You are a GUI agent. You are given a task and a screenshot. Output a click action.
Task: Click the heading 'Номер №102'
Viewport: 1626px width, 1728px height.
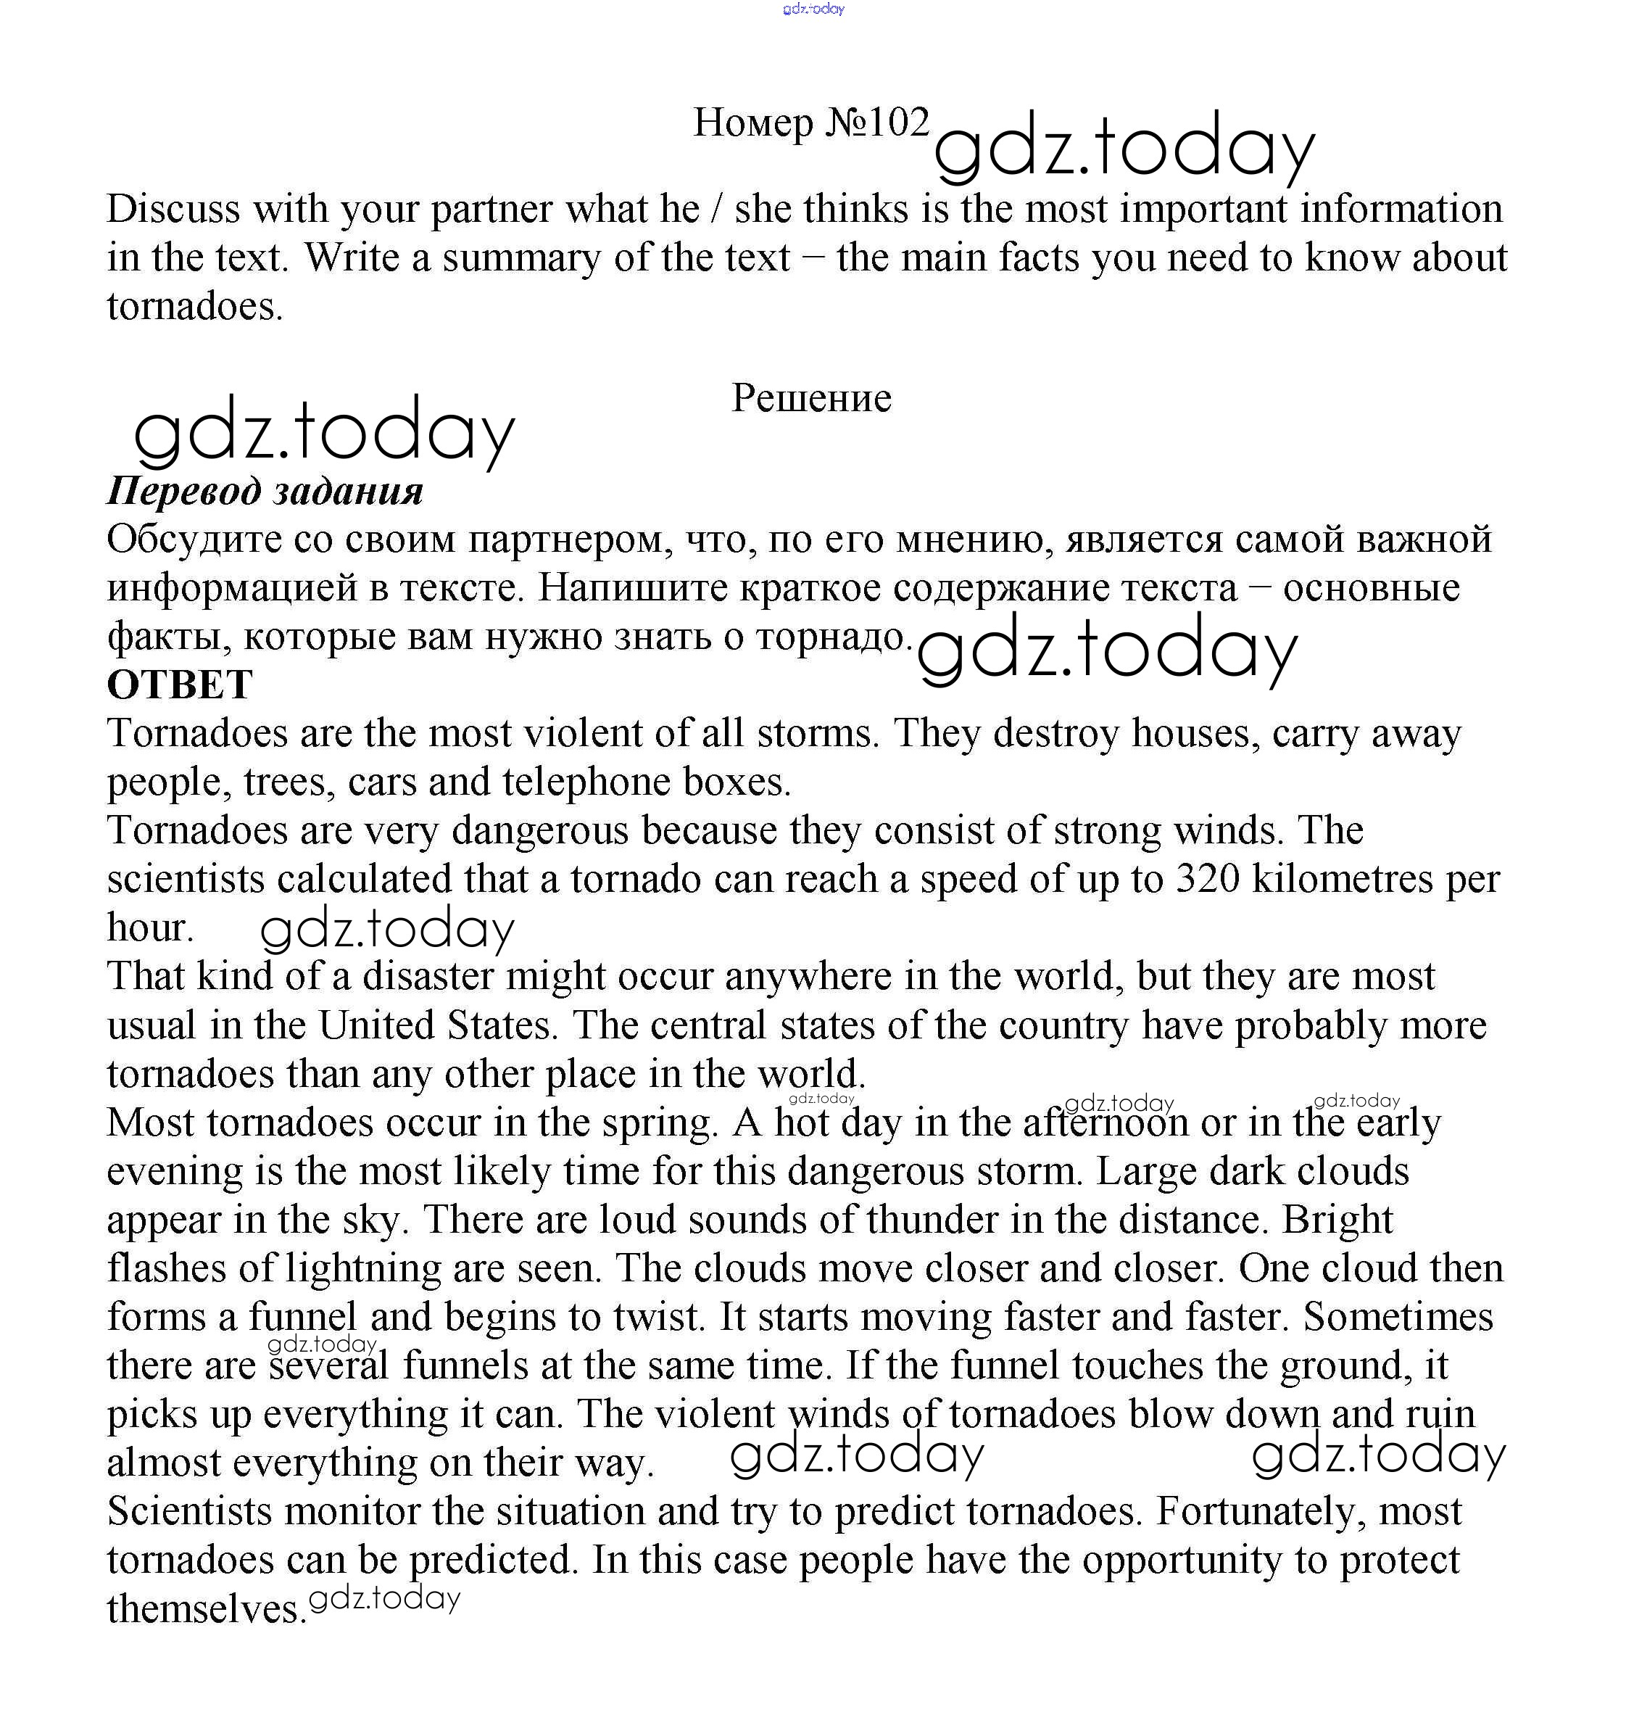click(x=811, y=123)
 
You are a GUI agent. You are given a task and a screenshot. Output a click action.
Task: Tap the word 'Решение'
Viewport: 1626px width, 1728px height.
click(x=811, y=398)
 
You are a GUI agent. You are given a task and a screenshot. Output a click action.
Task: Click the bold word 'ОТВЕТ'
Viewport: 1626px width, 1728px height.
click(x=179, y=685)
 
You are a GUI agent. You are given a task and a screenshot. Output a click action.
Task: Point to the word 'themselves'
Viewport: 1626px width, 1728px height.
click(x=207, y=1609)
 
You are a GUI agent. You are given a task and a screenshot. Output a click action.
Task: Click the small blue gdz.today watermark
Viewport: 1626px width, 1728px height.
click(x=813, y=9)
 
